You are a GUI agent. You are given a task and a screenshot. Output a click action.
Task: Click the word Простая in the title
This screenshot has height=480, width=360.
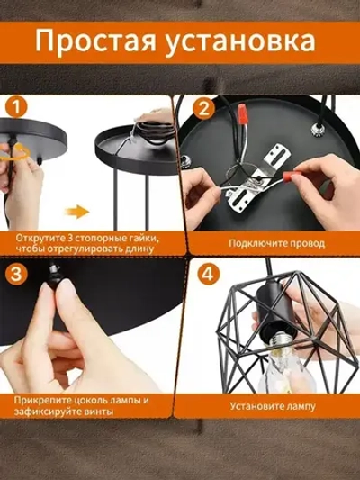click(96, 41)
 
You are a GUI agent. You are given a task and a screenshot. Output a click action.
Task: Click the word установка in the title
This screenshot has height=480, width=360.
click(241, 42)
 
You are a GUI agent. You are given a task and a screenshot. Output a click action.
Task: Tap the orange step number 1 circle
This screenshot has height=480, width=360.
click(16, 107)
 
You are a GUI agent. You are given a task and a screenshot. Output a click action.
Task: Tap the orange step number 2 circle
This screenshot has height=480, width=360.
click(203, 108)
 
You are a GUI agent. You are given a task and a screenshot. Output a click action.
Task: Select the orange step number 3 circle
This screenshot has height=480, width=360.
click(16, 274)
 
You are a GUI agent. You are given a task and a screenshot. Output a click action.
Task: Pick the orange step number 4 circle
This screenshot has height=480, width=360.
click(209, 274)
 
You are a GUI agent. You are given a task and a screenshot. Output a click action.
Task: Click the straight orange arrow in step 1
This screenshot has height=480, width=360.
click(76, 212)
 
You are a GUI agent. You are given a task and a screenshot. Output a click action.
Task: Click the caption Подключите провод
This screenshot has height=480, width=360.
click(277, 243)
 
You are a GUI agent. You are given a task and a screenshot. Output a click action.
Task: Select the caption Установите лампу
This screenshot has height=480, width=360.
click(273, 406)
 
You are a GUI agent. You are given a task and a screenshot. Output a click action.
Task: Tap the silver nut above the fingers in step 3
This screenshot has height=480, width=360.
click(52, 269)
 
